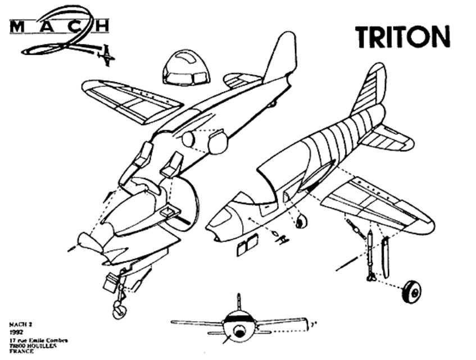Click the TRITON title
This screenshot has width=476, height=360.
point(402,37)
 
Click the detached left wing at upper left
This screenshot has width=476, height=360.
point(132,100)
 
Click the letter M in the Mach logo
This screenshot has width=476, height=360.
point(15,26)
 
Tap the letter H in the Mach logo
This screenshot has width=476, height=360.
point(102,26)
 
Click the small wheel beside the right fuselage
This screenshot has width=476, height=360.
point(301,221)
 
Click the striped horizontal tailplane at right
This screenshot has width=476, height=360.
point(388,138)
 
